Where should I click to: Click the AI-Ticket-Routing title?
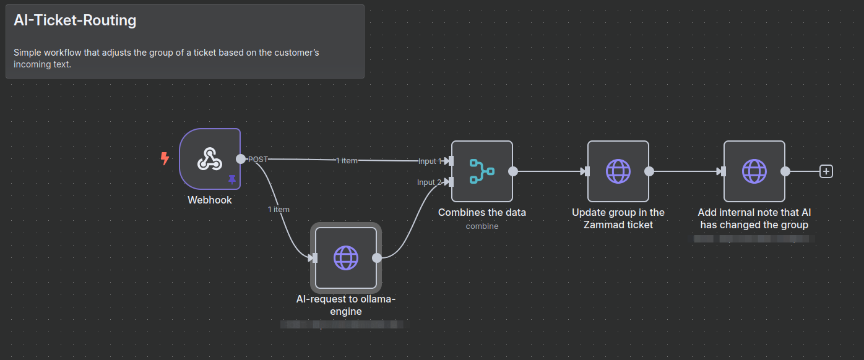click(75, 20)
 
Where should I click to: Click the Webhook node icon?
click(209, 159)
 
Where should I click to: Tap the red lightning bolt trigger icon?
click(165, 159)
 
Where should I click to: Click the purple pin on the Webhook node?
click(232, 179)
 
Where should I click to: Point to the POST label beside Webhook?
click(258, 159)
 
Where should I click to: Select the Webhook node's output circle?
click(241, 159)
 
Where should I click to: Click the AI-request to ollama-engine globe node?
click(345, 258)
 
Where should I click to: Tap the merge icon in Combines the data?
click(482, 171)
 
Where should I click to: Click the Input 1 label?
click(430, 161)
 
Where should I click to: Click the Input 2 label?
click(430, 182)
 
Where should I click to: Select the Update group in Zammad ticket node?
click(618, 171)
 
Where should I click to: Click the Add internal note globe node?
click(754, 171)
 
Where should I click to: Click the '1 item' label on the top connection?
click(347, 160)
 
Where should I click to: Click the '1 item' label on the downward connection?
click(279, 209)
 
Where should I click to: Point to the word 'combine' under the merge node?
click(482, 226)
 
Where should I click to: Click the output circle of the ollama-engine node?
click(377, 258)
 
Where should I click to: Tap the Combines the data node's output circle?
click(513, 171)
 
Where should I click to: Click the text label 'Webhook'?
click(209, 200)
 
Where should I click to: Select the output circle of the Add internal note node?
click(785, 171)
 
